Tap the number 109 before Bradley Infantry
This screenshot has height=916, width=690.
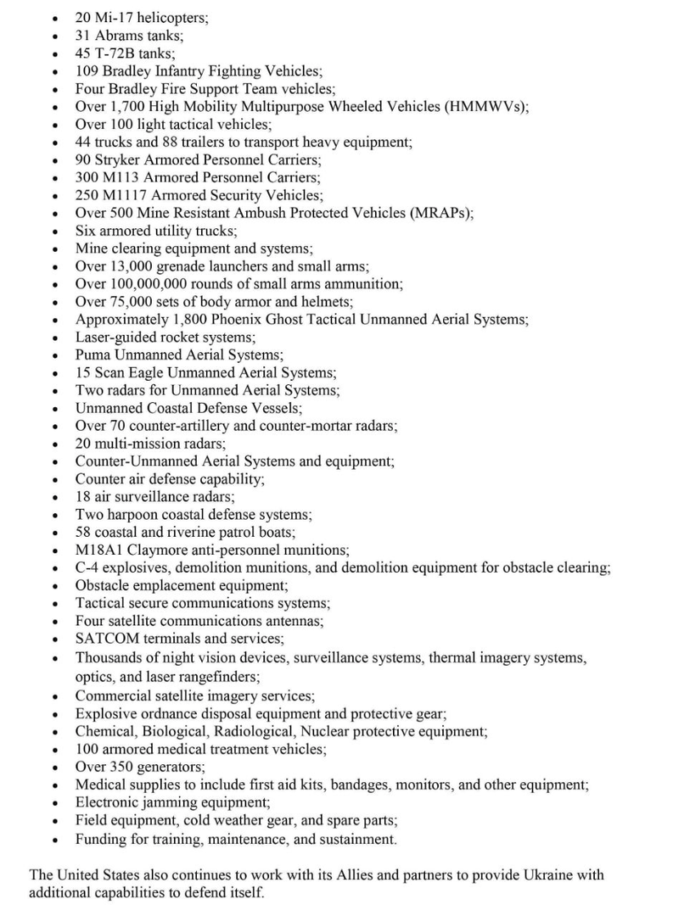click(x=87, y=70)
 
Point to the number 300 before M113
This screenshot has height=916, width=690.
click(x=87, y=177)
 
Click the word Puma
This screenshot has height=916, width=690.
click(x=93, y=355)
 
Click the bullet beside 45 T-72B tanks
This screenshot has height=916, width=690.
click(x=55, y=53)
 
